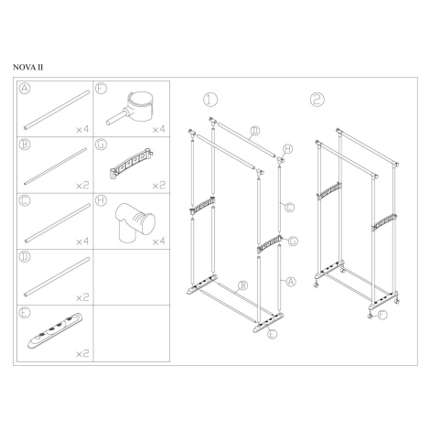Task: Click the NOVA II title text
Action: coord(27,68)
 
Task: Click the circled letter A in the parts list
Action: coord(25,88)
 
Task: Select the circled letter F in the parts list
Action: coord(101,88)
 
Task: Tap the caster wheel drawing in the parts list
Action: coord(130,107)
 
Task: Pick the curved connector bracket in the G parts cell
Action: coord(131,164)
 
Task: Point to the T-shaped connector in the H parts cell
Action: coord(135,221)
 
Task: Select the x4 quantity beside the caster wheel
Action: coord(158,130)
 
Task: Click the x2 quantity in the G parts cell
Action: coord(158,186)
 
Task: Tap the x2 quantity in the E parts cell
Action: coord(82,353)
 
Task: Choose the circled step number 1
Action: coord(210,99)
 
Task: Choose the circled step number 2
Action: coord(317,99)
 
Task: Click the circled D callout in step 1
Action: coord(255,131)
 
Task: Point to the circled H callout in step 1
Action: coord(287,149)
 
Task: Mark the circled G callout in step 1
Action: coord(293,241)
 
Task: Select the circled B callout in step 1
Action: coord(242,285)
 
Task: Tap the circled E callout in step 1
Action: coord(272,334)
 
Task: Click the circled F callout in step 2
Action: coord(382,315)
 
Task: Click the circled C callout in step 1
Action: coord(289,208)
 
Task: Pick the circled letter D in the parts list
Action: coord(25,256)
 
